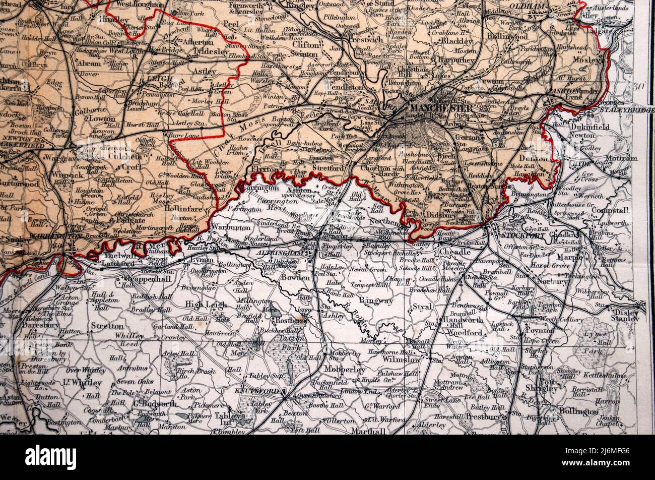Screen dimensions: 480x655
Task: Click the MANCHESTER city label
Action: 441,108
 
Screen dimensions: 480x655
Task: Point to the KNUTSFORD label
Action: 259,391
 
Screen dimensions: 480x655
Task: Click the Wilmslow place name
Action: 402,359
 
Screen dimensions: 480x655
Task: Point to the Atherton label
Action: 191,42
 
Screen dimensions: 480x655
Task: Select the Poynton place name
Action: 540,330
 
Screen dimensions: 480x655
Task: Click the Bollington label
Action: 578,411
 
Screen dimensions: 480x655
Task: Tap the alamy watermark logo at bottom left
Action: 50,457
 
